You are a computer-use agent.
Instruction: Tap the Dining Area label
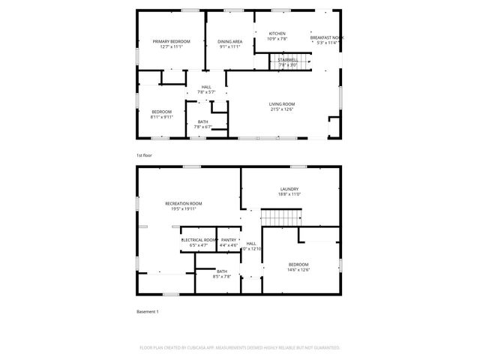(229, 40)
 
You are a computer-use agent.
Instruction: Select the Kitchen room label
(277, 33)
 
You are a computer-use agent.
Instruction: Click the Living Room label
(282, 103)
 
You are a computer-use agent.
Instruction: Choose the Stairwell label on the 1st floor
(288, 59)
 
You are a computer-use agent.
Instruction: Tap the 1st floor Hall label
(206, 86)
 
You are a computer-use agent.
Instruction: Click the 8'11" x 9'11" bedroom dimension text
(161, 117)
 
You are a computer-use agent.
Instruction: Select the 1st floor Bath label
(203, 121)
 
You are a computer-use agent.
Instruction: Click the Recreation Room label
(184, 203)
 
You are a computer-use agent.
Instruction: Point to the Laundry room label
(289, 189)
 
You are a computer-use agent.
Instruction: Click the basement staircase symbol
(280, 217)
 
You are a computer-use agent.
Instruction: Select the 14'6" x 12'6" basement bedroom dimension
(298, 270)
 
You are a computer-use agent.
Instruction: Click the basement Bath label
(222, 271)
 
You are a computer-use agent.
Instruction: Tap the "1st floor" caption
(144, 155)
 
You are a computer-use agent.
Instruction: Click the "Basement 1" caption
(147, 311)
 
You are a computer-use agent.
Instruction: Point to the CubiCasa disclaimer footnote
(240, 348)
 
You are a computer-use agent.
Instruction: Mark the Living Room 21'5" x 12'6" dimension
(282, 109)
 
